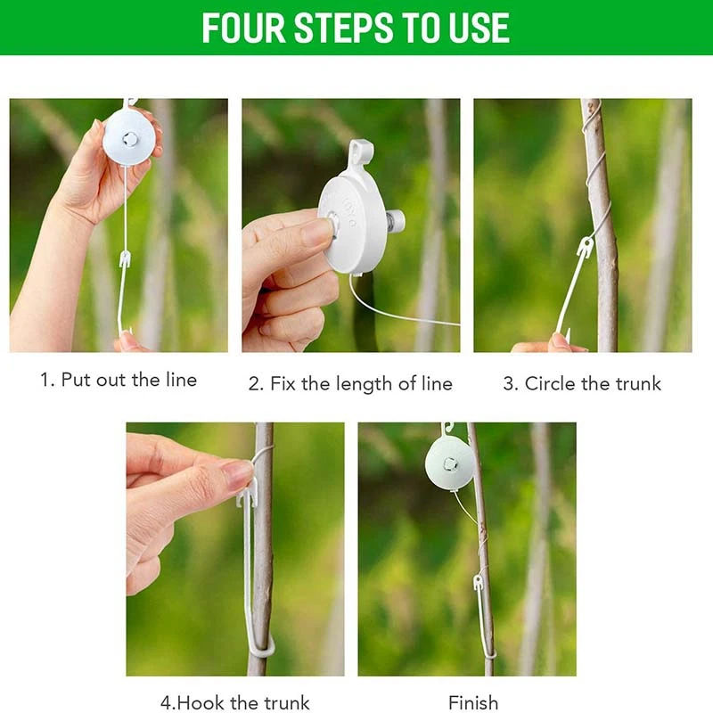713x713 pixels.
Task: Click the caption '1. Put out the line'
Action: [119, 380]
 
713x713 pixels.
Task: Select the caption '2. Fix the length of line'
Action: [350, 384]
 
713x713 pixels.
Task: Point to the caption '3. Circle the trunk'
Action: [582, 384]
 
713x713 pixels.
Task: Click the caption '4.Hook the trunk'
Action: [234, 702]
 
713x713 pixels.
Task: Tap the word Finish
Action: [473, 702]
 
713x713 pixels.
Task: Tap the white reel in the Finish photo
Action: [450, 463]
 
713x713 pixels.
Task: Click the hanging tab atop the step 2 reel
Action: [360, 154]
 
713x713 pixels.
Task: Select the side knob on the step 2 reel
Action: [395, 219]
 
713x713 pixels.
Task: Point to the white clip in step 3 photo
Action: [584, 248]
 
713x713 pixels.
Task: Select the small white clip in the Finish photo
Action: [479, 583]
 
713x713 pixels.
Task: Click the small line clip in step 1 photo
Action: [125, 260]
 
